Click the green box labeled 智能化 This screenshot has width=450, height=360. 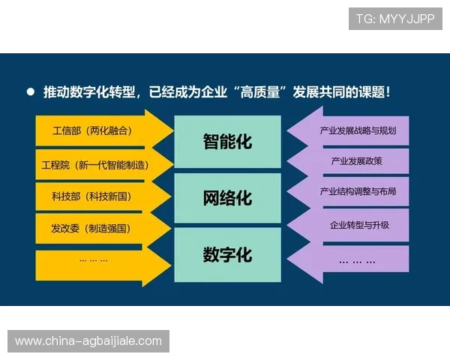click(227, 142)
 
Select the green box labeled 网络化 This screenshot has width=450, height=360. click(227, 199)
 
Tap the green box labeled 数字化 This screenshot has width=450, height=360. click(227, 255)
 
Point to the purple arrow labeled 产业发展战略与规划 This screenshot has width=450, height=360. click(352, 131)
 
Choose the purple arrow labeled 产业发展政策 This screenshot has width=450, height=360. click(352, 161)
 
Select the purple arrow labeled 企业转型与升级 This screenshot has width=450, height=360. click(352, 225)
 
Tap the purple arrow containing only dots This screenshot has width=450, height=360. click(352, 260)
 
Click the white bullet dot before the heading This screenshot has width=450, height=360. click(30, 92)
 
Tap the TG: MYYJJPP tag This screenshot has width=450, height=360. click(395, 18)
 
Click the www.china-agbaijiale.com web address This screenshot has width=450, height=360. click(88, 341)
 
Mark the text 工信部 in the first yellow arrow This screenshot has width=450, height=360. click(67, 131)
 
